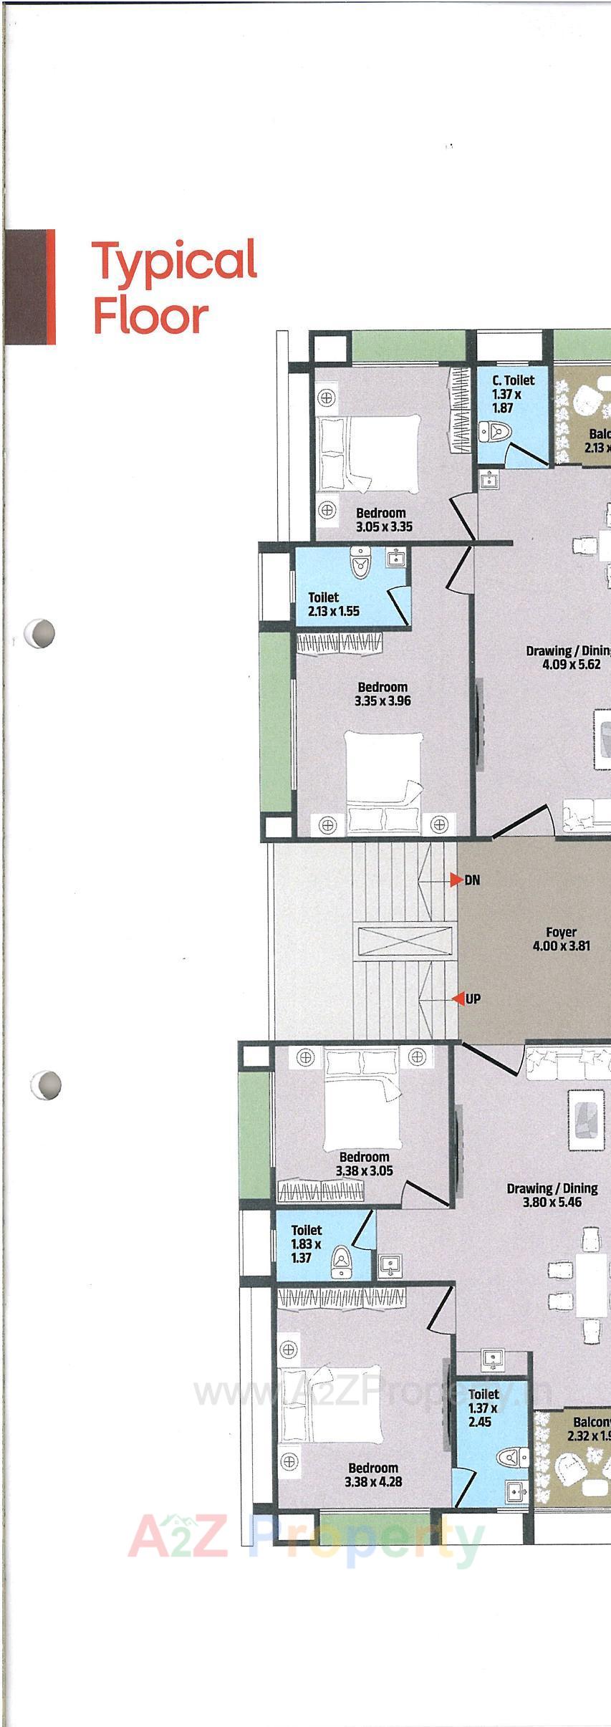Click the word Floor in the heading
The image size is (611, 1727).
click(x=150, y=316)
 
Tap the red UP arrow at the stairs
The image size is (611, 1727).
click(x=456, y=999)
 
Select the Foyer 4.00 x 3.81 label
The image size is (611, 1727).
click(x=561, y=938)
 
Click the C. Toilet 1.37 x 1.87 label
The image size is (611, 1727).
click(x=512, y=394)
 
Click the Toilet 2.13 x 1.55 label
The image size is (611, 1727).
click(x=333, y=604)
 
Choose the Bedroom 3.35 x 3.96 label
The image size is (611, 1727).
click(x=383, y=693)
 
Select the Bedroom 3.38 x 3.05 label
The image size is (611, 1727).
click(x=364, y=1163)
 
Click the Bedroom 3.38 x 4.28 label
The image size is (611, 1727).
click(x=372, y=1475)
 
